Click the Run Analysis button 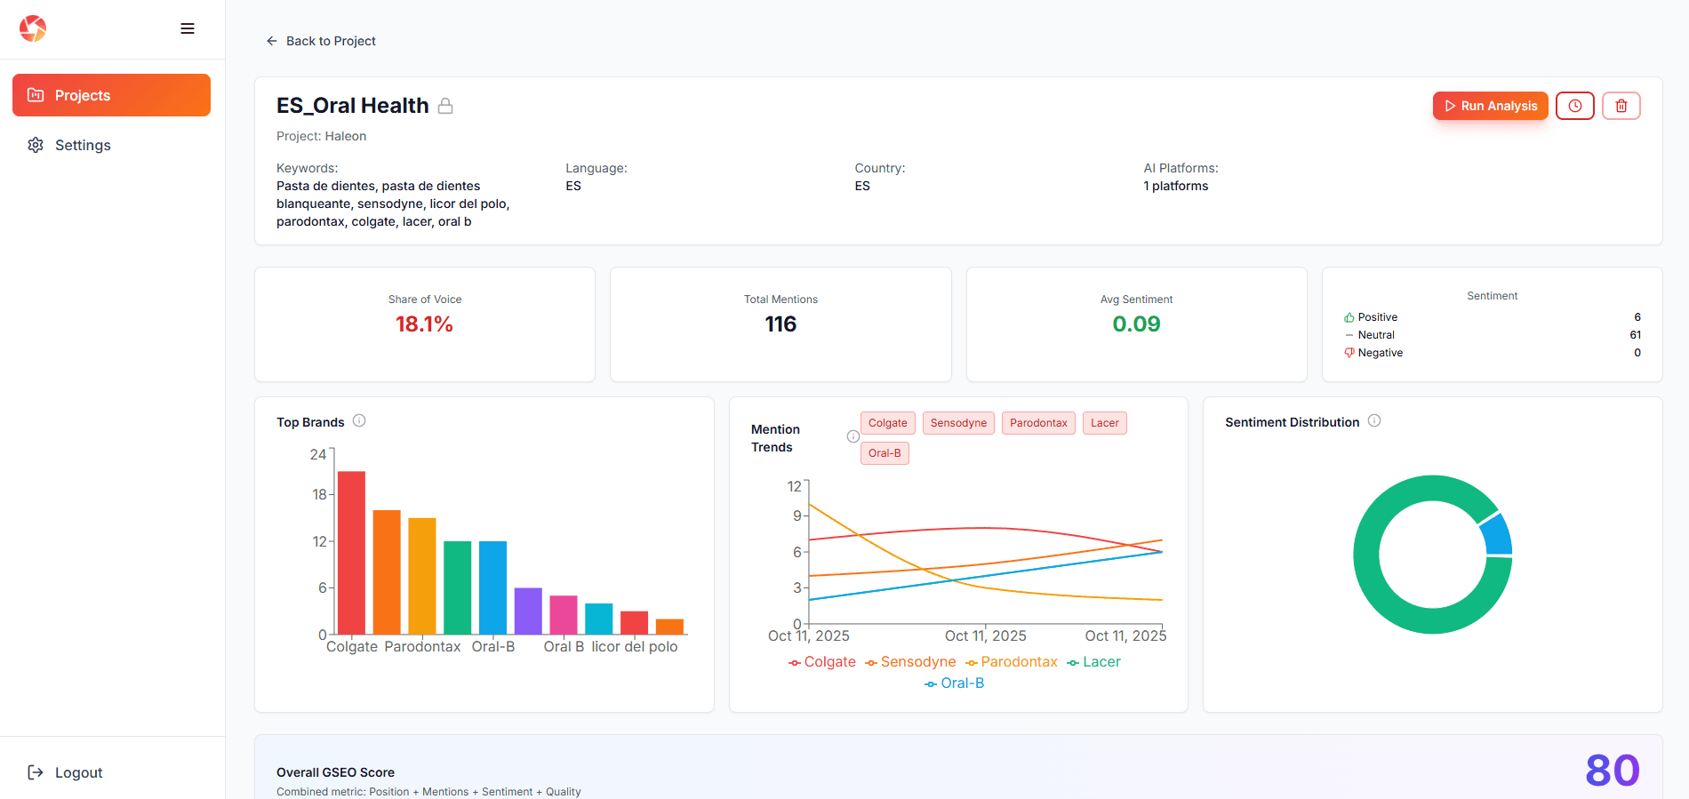coord(1490,106)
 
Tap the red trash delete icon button coord(1621,106)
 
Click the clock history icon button coord(1574,106)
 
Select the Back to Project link coord(321,41)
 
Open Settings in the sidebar coord(82,145)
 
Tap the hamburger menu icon coord(188,28)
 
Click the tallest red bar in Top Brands coord(351,551)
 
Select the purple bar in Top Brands coord(528,611)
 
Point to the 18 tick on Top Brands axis coord(319,494)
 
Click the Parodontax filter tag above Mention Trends coord(1037,423)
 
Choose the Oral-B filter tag coord(884,453)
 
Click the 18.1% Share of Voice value coord(424,324)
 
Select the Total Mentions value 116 coord(780,324)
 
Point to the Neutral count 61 coord(1635,335)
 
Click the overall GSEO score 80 coord(1612,771)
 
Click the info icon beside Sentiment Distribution coord(1374,420)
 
